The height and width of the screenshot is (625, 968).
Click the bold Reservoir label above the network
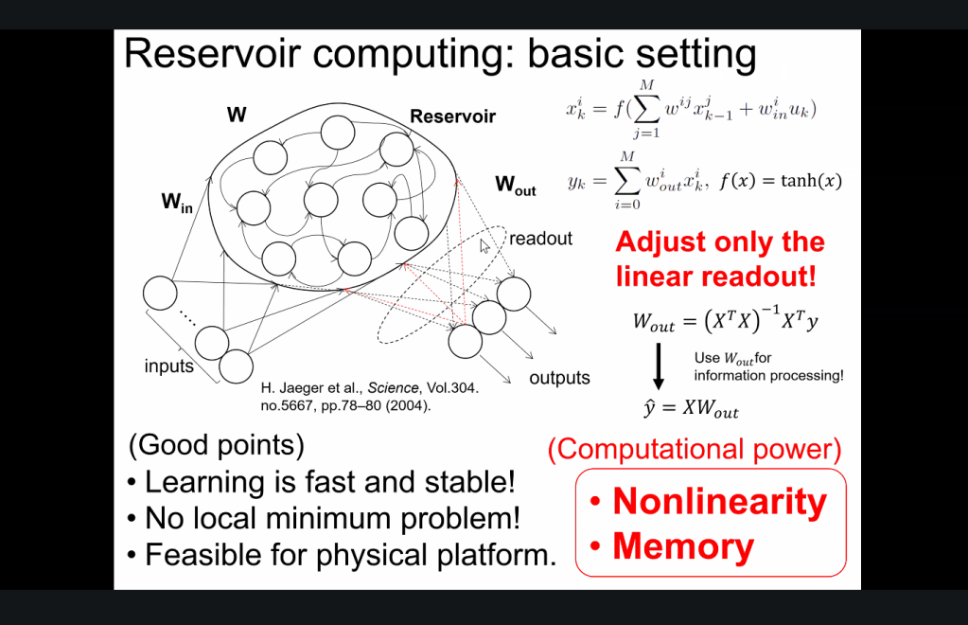pos(452,117)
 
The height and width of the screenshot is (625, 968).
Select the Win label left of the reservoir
pos(176,201)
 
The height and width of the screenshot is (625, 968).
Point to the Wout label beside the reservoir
pos(515,186)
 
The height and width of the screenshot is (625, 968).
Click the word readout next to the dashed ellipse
pos(540,239)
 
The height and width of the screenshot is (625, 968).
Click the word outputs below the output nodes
pos(559,378)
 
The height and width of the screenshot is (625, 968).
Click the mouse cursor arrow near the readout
pos(484,246)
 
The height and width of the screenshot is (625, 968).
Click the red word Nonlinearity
pos(719,501)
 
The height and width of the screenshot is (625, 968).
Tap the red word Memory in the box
pos(683,546)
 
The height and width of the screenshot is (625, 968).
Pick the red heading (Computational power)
pos(695,450)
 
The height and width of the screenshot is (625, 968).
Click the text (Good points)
pos(217,444)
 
